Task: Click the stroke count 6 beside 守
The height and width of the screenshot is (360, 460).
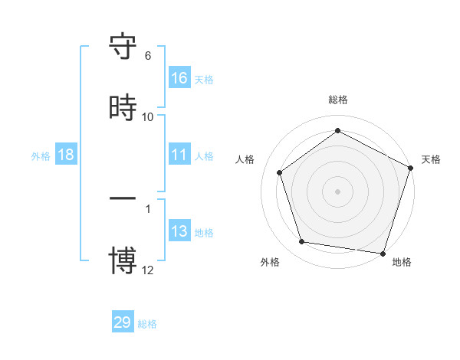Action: pyautogui.click(x=148, y=56)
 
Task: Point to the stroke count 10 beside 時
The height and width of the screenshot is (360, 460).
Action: pyautogui.click(x=148, y=116)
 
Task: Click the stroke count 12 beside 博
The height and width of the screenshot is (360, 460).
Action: pyautogui.click(x=148, y=269)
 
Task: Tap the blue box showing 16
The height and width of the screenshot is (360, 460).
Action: pyautogui.click(x=179, y=77)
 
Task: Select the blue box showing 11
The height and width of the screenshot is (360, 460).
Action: pyautogui.click(x=179, y=155)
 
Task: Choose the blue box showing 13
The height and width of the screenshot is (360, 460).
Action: pyautogui.click(x=179, y=231)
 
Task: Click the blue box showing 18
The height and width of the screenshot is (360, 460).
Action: pyautogui.click(x=66, y=155)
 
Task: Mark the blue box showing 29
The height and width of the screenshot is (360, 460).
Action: pyautogui.click(x=123, y=322)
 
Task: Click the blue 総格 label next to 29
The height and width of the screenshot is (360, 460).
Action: pyautogui.click(x=147, y=324)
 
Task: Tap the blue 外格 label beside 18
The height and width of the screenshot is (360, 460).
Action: pyautogui.click(x=41, y=156)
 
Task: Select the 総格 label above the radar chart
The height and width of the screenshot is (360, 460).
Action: pyautogui.click(x=338, y=100)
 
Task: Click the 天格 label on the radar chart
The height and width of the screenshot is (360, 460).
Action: pyautogui.click(x=431, y=159)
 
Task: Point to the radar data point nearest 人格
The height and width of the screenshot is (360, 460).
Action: pyautogui.click(x=280, y=172)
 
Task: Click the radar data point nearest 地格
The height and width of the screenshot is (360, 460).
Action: pyautogui.click(x=383, y=253)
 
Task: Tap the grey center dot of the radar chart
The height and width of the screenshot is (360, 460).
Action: pyautogui.click(x=338, y=191)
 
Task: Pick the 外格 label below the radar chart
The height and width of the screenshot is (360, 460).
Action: pyautogui.click(x=270, y=262)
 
